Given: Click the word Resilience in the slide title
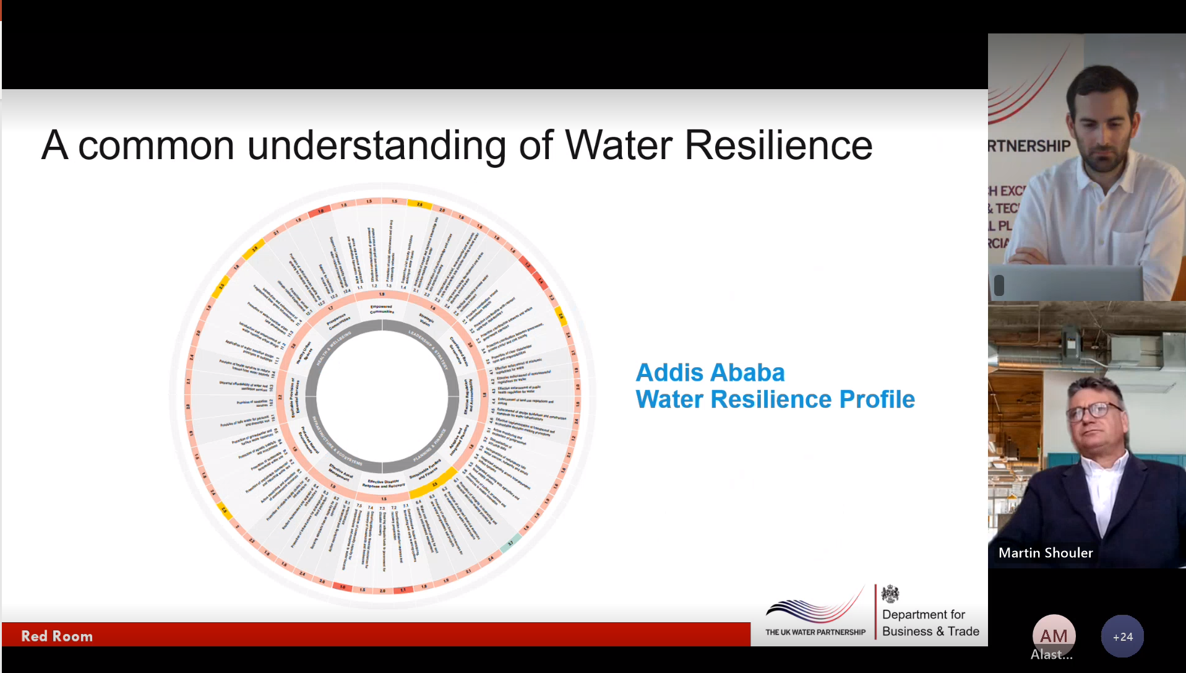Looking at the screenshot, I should [x=778, y=145].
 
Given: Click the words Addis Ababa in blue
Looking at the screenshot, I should [x=710, y=373].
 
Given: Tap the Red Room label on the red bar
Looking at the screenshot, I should [x=57, y=636].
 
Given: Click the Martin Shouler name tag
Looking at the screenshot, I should [x=1046, y=553].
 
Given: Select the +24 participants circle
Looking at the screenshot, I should [x=1122, y=636].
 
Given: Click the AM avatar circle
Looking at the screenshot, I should [x=1054, y=635].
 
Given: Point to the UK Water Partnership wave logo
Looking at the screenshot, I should [x=815, y=609].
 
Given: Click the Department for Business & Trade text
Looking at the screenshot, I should [x=930, y=623].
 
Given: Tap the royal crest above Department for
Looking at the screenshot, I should [x=890, y=594].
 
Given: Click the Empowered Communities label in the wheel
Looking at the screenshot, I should [x=382, y=308].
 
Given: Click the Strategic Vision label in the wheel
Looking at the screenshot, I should [x=426, y=319].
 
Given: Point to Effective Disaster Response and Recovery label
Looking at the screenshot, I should [x=384, y=484].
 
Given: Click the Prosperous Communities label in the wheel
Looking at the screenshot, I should [x=338, y=321].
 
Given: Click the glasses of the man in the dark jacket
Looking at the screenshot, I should [x=1094, y=410].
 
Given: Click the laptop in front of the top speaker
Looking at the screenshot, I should [x=1070, y=284].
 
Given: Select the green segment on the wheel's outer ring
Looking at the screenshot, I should [x=511, y=543].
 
